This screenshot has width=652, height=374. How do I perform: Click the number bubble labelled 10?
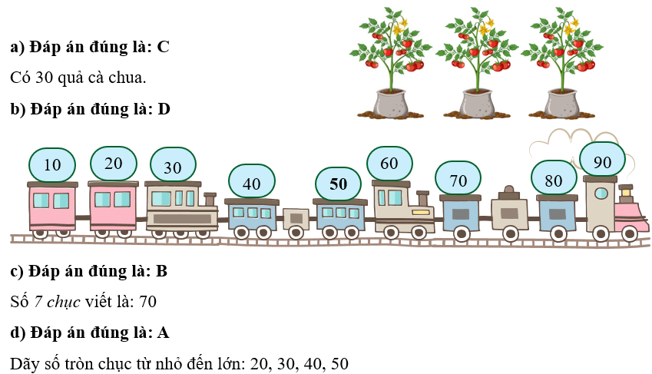coord(52,164)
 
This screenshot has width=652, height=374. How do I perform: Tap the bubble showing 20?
coord(113,163)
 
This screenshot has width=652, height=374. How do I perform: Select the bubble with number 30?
coord(172,167)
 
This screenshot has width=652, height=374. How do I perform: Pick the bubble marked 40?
coord(251,184)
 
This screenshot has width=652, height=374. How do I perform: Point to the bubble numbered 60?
coord(389,163)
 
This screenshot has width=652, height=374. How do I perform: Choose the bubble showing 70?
coord(458,180)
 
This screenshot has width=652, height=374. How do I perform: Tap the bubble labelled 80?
coord(554,180)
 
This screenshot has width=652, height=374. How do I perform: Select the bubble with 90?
coord(602,162)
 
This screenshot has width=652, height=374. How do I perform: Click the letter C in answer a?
coord(163,47)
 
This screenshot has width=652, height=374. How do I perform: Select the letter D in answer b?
coord(164,109)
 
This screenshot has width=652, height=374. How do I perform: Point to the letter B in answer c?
coord(162,271)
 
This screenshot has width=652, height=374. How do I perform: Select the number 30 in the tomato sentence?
coord(44,78)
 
